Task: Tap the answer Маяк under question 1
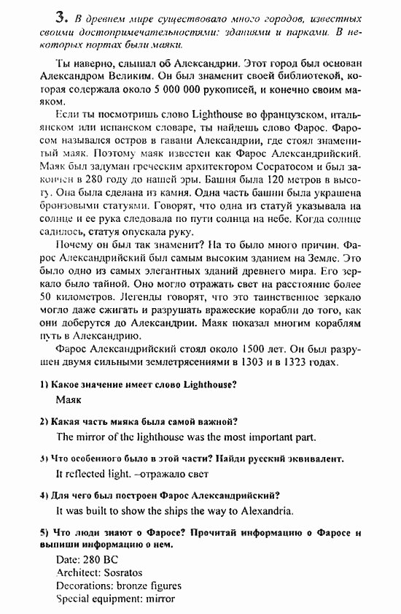[x=69, y=399]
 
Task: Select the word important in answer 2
[x=246, y=437]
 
